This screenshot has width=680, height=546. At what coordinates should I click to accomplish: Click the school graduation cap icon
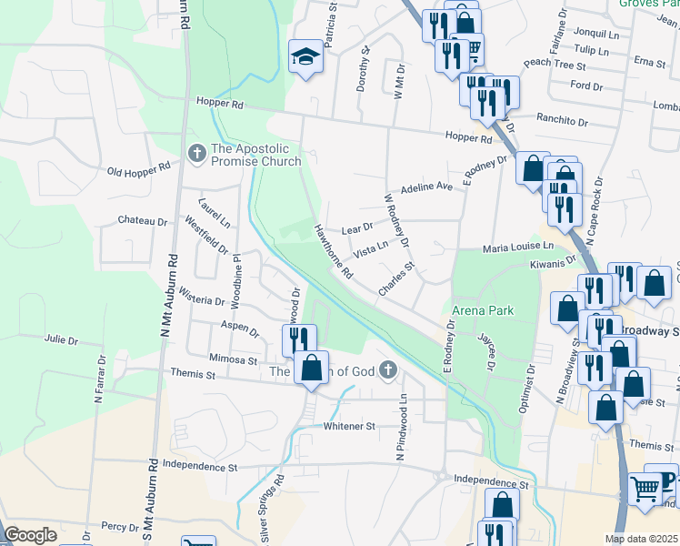click(305, 57)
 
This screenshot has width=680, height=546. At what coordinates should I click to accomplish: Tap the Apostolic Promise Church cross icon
click(195, 152)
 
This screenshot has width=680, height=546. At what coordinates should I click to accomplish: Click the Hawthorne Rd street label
click(334, 251)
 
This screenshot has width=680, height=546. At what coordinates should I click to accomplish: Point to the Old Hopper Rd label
click(139, 168)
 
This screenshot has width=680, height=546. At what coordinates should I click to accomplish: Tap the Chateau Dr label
click(143, 221)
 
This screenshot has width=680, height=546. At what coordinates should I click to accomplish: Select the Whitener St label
click(350, 426)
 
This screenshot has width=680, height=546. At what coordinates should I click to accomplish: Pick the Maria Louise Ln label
click(518, 247)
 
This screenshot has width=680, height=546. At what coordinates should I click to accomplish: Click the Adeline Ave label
click(426, 187)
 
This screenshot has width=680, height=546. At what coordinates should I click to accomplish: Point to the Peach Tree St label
click(555, 65)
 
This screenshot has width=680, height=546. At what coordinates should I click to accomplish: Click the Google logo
click(30, 535)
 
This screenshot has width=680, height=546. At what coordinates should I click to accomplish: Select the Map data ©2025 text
click(642, 539)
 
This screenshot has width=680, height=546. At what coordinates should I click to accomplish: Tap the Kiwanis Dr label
click(556, 261)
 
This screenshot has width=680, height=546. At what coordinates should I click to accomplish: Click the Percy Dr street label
click(119, 526)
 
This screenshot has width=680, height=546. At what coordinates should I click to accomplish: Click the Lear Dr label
click(357, 227)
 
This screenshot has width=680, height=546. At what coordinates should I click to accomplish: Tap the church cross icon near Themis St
click(388, 369)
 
